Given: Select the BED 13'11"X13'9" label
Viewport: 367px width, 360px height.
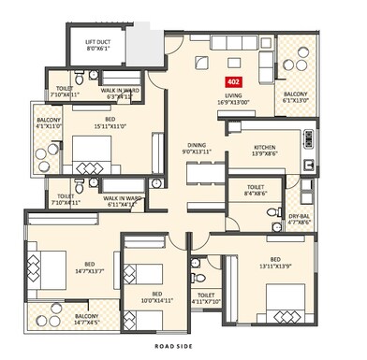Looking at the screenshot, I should click(275, 263).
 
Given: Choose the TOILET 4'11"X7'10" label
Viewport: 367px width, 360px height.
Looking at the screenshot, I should click(207, 297).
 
